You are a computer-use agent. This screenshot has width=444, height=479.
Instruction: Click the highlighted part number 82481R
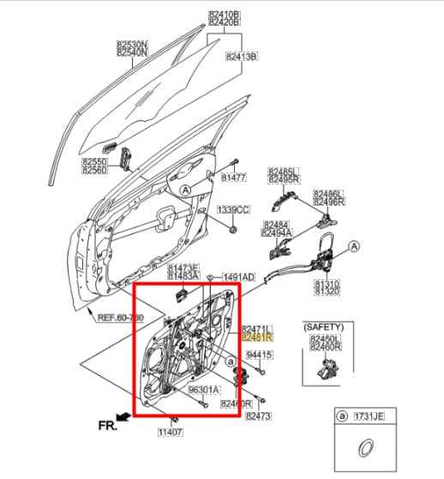click(x=256, y=337)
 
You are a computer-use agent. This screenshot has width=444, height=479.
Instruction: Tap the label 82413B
click(x=242, y=57)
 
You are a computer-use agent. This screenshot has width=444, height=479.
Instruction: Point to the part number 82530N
click(x=132, y=43)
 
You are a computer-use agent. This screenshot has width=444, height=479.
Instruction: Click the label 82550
click(x=94, y=161)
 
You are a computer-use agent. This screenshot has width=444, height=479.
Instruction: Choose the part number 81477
click(x=233, y=178)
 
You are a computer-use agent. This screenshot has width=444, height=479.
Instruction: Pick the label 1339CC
click(x=232, y=209)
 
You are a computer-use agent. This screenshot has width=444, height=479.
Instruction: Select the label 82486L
click(x=327, y=194)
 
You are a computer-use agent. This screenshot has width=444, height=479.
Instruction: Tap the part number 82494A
click(x=277, y=233)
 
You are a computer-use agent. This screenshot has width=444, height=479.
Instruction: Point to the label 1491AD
click(x=239, y=277)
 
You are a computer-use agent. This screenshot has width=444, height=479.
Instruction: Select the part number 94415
click(x=259, y=355)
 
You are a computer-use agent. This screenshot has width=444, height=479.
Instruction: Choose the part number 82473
click(x=258, y=415)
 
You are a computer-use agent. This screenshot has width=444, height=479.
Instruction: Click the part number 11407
click(x=170, y=434)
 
